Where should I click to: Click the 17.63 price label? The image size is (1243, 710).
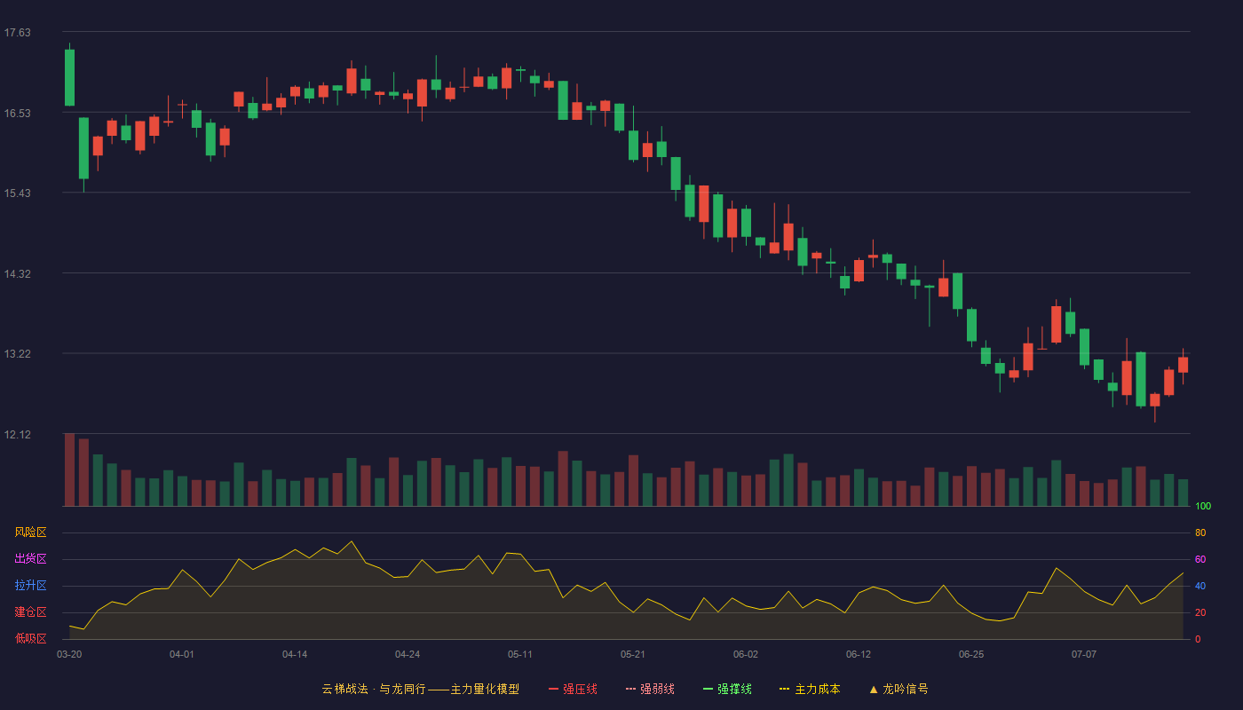click(x=17, y=32)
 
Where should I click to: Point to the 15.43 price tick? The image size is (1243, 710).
click(x=17, y=193)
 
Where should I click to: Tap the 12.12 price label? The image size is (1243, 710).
click(x=17, y=434)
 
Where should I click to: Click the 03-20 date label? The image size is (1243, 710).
click(x=69, y=655)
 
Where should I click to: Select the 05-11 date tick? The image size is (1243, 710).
click(x=520, y=655)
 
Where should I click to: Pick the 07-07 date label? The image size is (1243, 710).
click(x=1084, y=655)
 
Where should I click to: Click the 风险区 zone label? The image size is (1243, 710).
click(x=30, y=532)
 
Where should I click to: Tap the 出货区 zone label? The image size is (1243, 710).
click(x=30, y=558)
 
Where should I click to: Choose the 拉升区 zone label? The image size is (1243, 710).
click(x=30, y=585)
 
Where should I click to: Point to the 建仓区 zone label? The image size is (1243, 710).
click(x=30, y=611)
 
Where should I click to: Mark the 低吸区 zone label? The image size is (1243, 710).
click(x=30, y=638)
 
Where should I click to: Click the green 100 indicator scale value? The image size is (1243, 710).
click(x=1203, y=506)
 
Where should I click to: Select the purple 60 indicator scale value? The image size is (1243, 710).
click(x=1200, y=559)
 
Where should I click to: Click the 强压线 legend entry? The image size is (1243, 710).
click(x=574, y=689)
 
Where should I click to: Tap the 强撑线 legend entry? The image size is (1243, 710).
click(x=727, y=689)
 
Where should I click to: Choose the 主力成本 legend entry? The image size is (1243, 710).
click(x=810, y=689)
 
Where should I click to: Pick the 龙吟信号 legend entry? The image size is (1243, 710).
click(x=899, y=689)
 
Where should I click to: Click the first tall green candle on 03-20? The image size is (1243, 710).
click(x=69, y=77)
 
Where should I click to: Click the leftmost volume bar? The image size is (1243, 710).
click(x=69, y=469)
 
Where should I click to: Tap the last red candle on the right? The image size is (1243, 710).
click(x=1183, y=365)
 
